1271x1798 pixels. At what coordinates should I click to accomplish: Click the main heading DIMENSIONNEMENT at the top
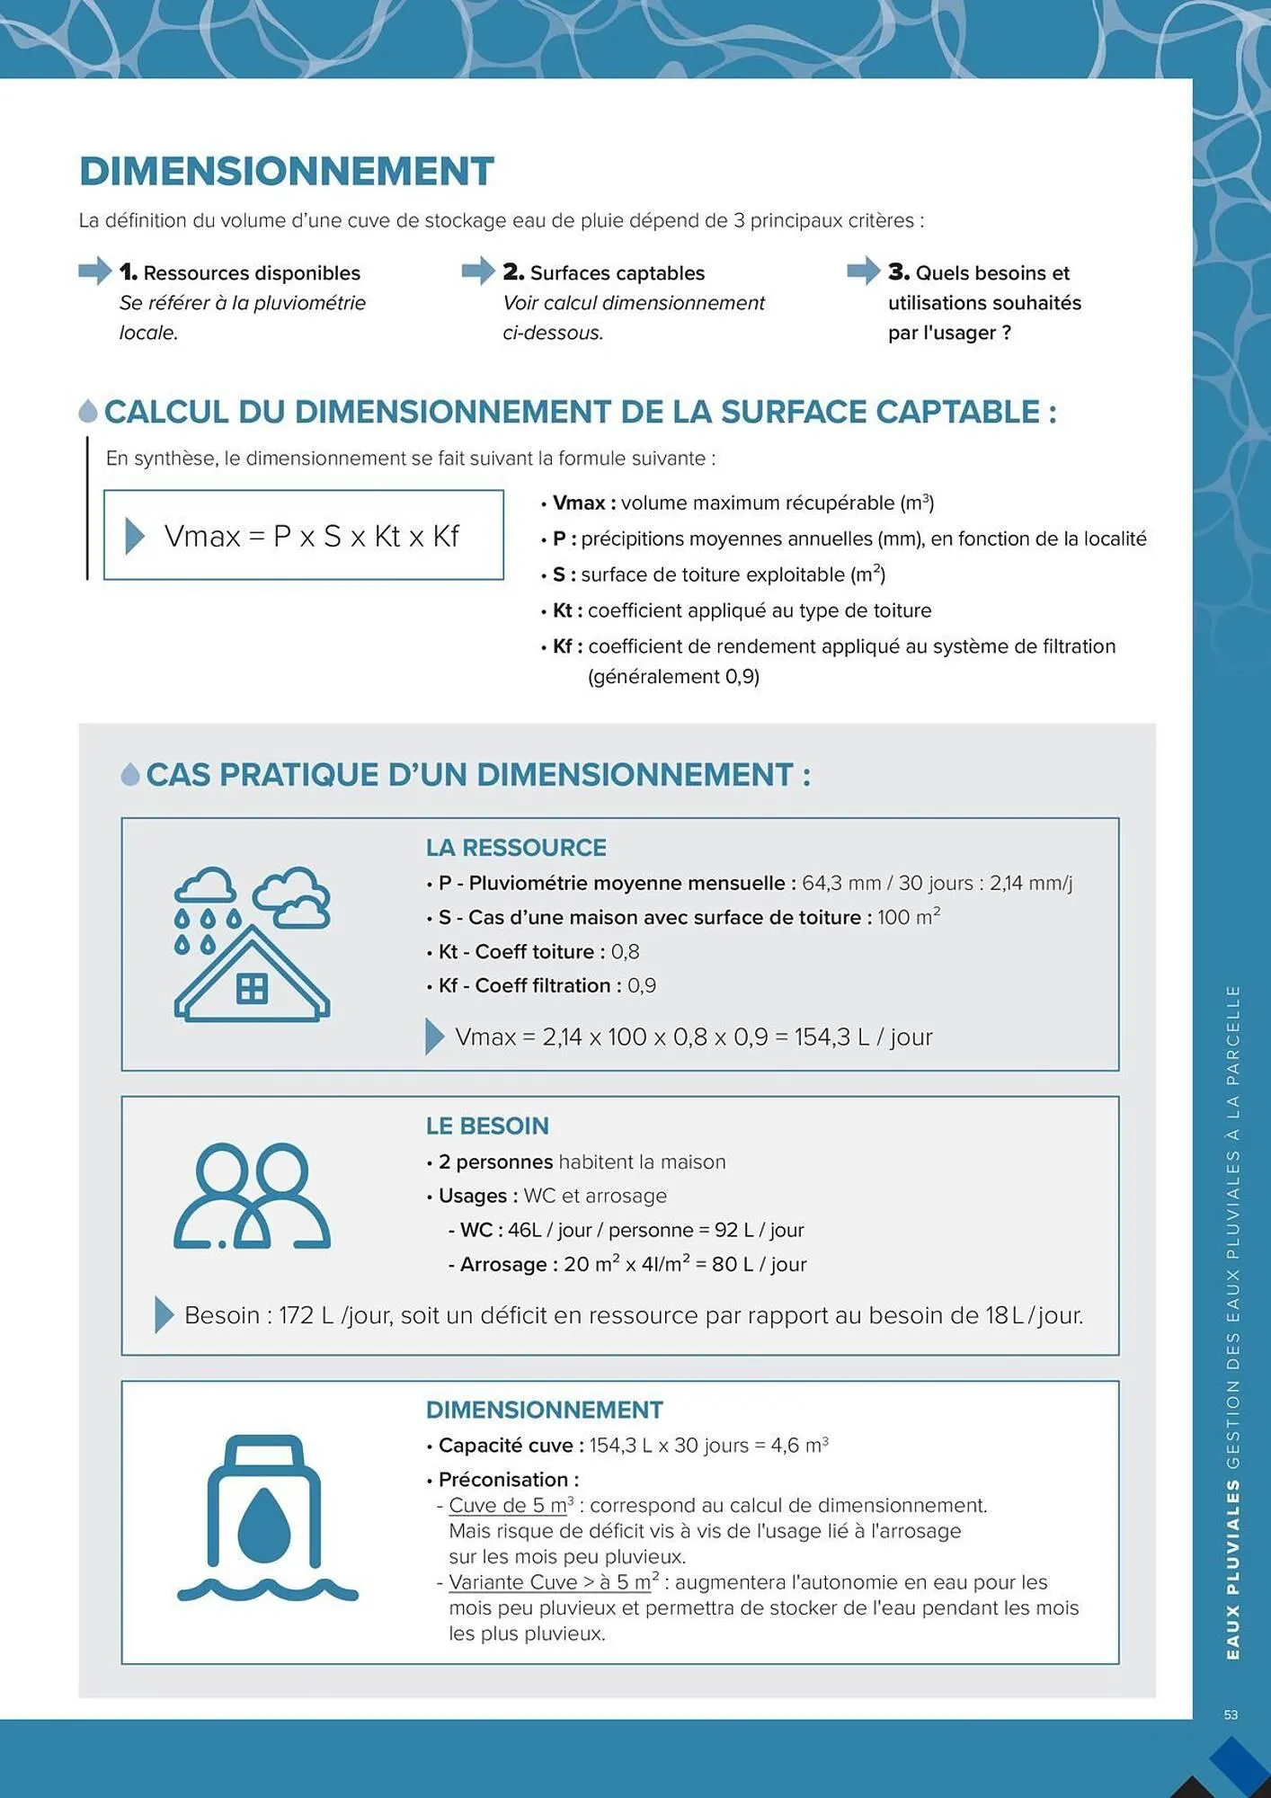click(287, 172)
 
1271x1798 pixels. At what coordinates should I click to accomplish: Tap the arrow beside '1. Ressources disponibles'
click(94, 271)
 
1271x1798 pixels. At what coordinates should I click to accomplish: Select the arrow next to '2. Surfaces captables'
click(478, 271)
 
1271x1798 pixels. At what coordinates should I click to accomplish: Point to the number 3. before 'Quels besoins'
click(898, 271)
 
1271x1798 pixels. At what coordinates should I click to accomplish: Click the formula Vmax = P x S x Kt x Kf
click(311, 537)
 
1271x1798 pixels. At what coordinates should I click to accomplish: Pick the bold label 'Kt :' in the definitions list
click(567, 610)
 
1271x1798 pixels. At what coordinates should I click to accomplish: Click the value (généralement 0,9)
click(673, 677)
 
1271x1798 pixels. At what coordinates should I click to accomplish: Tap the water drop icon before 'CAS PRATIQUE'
click(130, 775)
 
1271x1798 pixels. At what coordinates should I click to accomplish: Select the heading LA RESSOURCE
click(516, 848)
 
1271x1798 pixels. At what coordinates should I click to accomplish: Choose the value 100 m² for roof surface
click(908, 918)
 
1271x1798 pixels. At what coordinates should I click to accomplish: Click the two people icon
click(252, 1196)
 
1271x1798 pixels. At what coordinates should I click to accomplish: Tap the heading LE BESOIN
click(487, 1126)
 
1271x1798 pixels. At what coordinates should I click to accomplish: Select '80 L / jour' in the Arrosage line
click(759, 1265)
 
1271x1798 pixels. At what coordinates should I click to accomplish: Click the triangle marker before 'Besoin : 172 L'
click(164, 1315)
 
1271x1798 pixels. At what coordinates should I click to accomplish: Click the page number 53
click(1231, 1715)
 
